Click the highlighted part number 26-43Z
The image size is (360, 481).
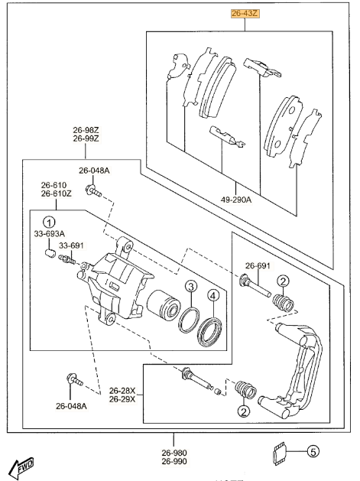(x=245, y=14)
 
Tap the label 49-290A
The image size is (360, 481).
(x=236, y=200)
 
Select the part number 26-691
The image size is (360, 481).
(x=258, y=266)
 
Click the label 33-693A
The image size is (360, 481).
(x=50, y=234)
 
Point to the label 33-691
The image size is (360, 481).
(x=71, y=245)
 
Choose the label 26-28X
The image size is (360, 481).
(x=122, y=391)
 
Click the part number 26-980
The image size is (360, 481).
(x=174, y=453)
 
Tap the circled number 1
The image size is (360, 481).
(x=49, y=222)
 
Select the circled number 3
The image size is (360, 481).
(x=191, y=287)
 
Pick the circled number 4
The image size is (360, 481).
(x=213, y=296)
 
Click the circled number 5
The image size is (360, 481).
(x=313, y=451)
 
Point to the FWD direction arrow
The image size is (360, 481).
(x=21, y=468)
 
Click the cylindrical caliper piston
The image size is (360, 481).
(x=163, y=304)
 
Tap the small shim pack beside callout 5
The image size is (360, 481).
(x=279, y=453)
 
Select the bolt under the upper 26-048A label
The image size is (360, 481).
(x=93, y=191)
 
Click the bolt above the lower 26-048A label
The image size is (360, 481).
(x=74, y=380)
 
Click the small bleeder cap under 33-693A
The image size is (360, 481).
(x=49, y=253)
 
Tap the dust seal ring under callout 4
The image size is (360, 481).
(x=209, y=332)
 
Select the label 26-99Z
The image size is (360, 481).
(x=86, y=138)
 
